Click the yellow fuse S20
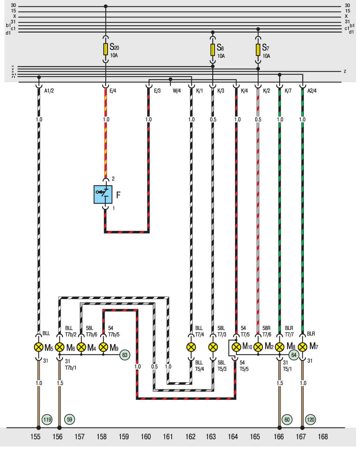106,49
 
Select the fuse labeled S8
213,49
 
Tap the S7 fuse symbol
258,49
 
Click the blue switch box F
103,195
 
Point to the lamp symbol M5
39,347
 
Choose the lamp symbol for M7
303,347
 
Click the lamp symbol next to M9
103,347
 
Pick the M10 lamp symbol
236,347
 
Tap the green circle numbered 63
125,355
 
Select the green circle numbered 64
294,355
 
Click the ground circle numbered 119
47,420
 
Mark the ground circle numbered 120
310,420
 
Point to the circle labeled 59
70,420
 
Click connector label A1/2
49,91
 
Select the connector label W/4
177,91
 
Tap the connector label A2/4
312,91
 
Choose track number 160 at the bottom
146,437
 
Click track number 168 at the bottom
323,437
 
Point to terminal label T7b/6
91,334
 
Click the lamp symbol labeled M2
258,347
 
